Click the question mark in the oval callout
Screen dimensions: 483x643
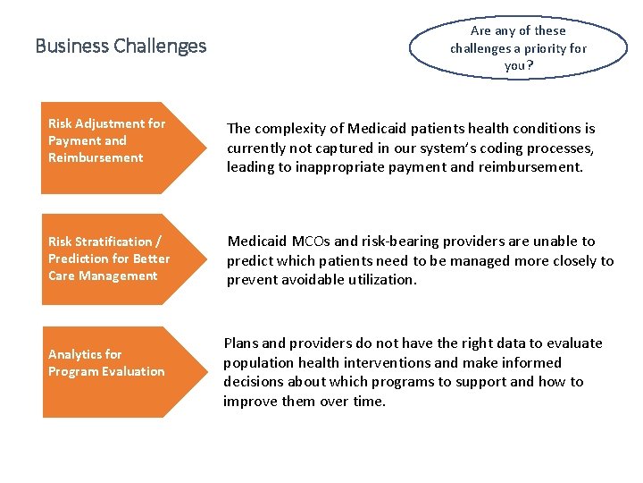pyautogui.click(x=530, y=66)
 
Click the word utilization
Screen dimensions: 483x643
pyautogui.click(x=377, y=280)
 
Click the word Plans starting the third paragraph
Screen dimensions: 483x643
pyautogui.click(x=241, y=343)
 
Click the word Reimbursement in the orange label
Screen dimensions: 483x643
pyautogui.click(x=95, y=158)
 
